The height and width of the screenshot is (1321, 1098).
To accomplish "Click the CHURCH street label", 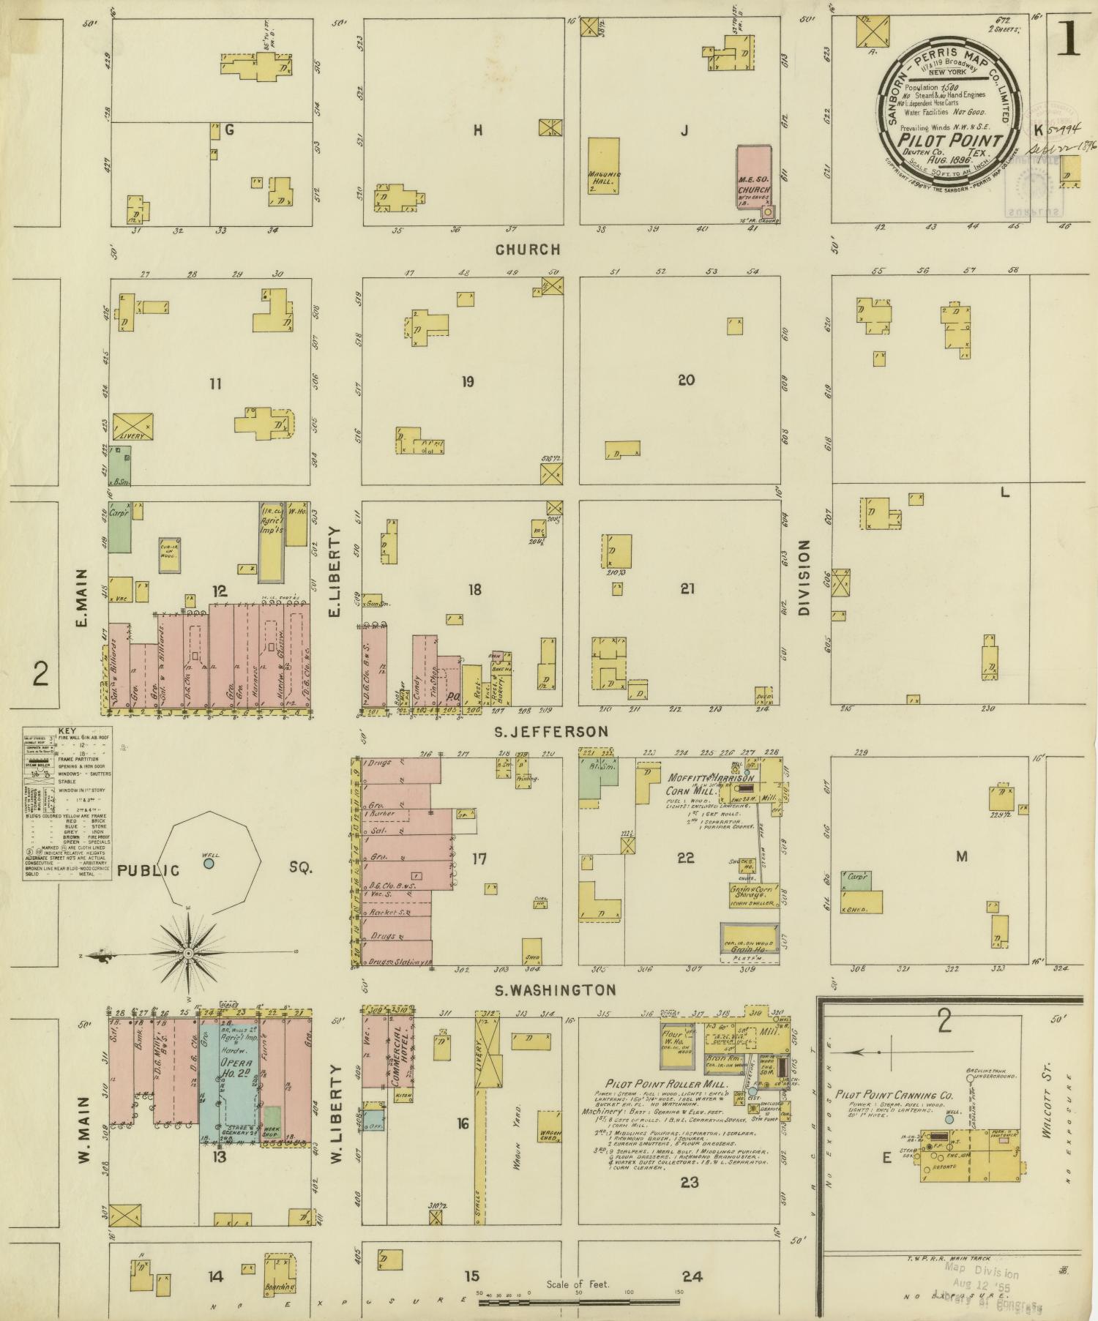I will pos(527,250).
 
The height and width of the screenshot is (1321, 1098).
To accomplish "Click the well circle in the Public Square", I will pos(209,864).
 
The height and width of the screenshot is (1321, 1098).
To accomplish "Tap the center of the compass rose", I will pos(187,954).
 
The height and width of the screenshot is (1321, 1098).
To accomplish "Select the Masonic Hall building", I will pos(604,165).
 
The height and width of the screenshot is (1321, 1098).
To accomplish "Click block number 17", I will pos(479,858).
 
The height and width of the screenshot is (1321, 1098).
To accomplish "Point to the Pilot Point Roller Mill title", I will pos(666,1083).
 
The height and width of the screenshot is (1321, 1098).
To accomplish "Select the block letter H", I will pos(478,130).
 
